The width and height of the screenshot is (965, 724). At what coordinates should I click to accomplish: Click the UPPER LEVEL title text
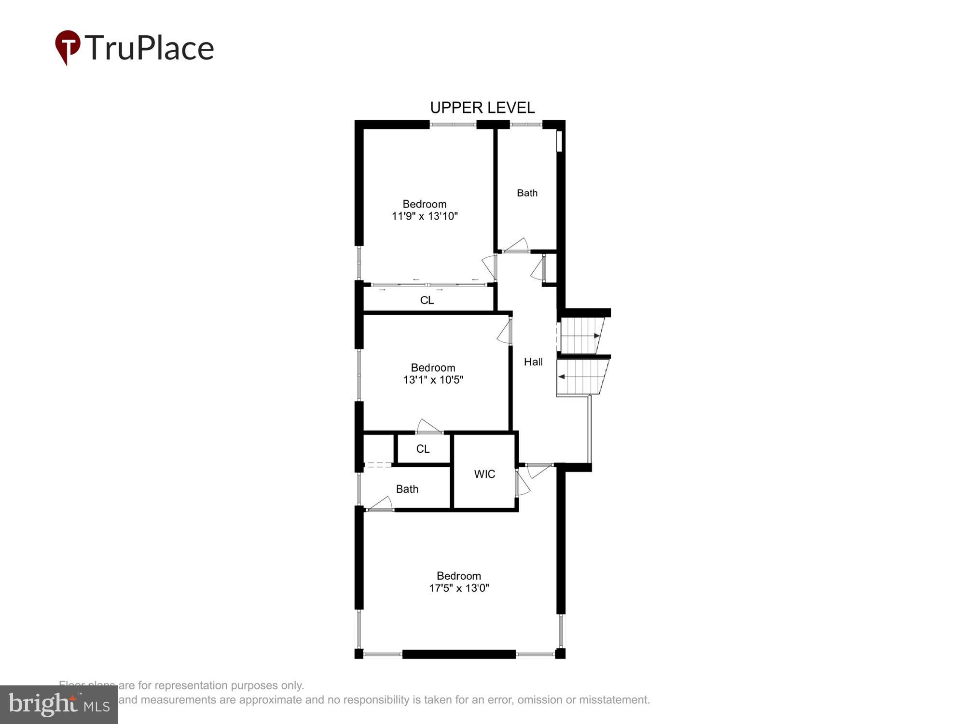tap(482, 108)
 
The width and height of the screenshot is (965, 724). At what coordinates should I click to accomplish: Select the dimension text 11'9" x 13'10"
tap(425, 216)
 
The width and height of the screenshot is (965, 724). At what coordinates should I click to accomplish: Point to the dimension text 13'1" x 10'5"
tap(433, 380)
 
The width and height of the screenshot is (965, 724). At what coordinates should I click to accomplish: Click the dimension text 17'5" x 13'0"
tap(459, 588)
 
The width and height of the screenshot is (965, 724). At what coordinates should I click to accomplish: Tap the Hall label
tap(533, 362)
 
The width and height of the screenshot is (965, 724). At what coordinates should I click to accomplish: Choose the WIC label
tap(484, 474)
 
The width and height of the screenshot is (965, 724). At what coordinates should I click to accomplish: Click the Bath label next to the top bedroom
tap(527, 193)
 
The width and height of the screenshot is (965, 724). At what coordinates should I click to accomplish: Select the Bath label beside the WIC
tap(407, 489)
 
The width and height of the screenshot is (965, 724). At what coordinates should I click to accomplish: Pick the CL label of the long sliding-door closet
tap(427, 300)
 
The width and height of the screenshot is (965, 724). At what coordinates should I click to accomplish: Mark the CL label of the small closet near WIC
tap(423, 449)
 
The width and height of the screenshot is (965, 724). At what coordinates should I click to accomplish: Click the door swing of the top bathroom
tap(516, 245)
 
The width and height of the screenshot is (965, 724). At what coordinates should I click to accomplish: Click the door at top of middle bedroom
tap(505, 331)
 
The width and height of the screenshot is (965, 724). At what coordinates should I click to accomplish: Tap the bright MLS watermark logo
tap(58, 705)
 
